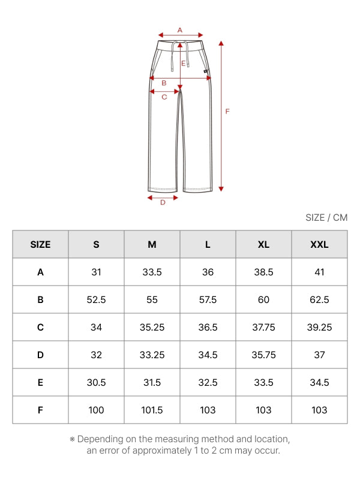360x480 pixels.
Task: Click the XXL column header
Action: tap(319, 244)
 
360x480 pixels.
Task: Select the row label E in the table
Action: tap(40, 382)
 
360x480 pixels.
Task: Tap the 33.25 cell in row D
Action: tap(152, 355)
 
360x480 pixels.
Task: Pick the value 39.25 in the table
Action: tap(319, 327)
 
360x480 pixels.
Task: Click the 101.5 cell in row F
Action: tap(152, 410)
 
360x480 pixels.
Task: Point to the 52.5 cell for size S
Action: tap(96, 299)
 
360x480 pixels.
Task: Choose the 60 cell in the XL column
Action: tap(263, 299)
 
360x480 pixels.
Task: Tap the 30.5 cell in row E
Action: tap(96, 382)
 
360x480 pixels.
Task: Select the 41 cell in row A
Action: tap(319, 272)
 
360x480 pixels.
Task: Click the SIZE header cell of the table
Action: tap(40, 244)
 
